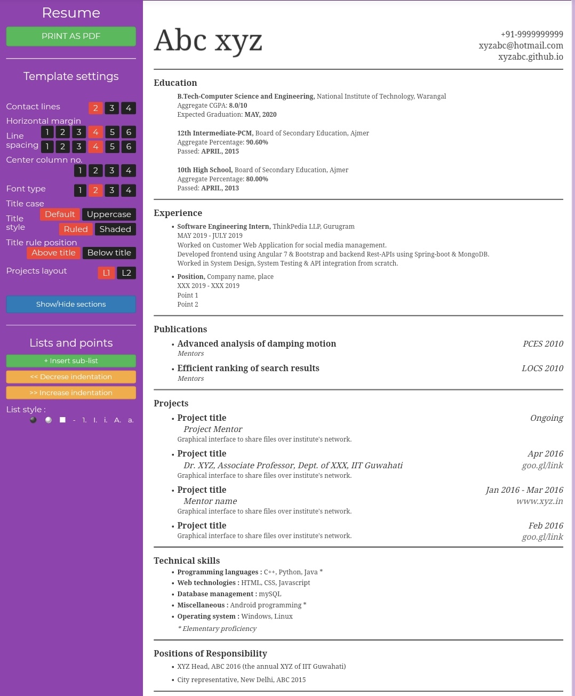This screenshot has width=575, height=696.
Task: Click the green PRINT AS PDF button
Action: tap(71, 36)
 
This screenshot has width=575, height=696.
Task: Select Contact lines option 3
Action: tap(112, 108)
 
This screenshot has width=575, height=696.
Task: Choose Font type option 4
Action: tap(129, 190)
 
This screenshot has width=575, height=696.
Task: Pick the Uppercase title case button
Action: tap(109, 214)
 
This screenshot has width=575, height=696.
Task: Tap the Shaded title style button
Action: tap(115, 229)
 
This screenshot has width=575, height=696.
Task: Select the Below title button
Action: tap(109, 253)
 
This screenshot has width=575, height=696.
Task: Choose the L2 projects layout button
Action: tap(126, 273)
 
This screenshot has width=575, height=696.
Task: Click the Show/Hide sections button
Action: tap(71, 305)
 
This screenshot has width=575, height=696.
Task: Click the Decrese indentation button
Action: tap(71, 377)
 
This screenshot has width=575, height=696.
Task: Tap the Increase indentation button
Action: tap(71, 393)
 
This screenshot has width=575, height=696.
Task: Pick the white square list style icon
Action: tap(62, 420)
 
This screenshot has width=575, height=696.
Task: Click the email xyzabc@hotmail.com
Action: tap(521, 46)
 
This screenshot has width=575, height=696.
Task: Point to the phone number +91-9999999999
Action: tap(532, 34)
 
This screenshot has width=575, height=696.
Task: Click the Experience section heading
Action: tap(178, 213)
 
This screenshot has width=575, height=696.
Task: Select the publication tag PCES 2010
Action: tap(542, 344)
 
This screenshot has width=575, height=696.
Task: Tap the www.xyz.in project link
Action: tap(539, 501)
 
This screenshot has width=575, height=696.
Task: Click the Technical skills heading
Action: tap(187, 561)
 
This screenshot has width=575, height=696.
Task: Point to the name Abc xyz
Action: tap(208, 42)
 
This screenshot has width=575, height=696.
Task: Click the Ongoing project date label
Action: tap(546, 418)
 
